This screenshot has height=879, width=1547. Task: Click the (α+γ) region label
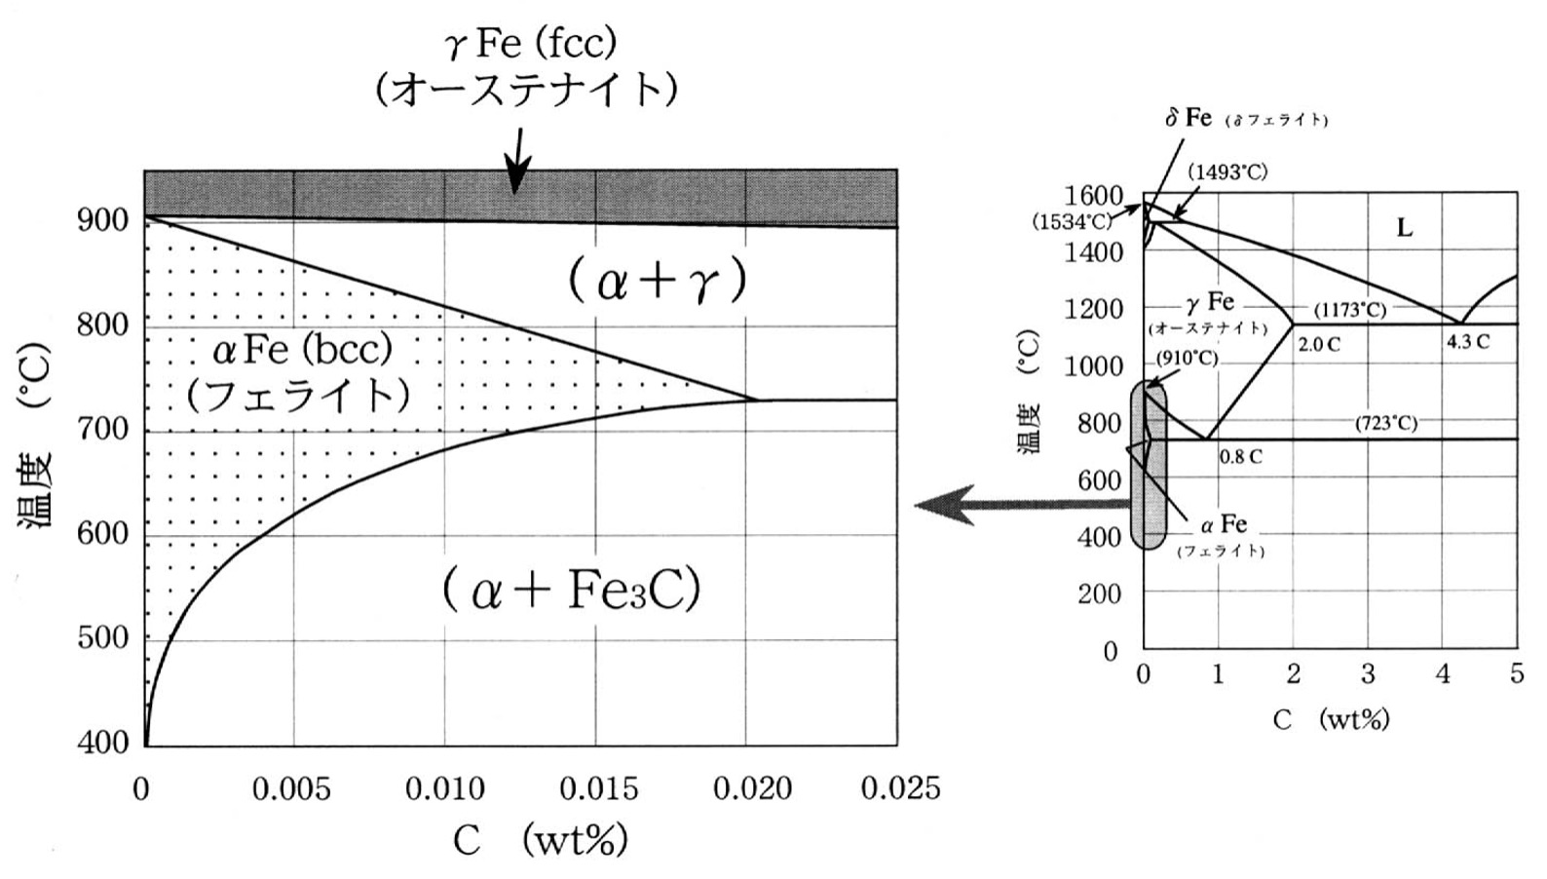pos(658,282)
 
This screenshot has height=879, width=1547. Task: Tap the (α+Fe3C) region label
pos(572,590)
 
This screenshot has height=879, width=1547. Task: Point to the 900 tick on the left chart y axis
pos(102,220)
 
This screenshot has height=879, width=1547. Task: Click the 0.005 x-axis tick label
pos(291,787)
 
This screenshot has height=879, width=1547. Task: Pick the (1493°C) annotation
pos(1227,172)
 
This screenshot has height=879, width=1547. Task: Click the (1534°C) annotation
pos(1072,221)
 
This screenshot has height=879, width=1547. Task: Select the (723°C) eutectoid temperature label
pos(1385,423)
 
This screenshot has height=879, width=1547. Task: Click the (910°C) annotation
pos(1187,358)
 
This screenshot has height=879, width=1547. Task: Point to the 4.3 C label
pos(1467,342)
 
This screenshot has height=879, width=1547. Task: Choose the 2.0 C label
pos(1318,344)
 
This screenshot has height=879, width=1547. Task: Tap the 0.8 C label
pos(1240,456)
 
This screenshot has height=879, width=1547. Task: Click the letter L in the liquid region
pos(1404,228)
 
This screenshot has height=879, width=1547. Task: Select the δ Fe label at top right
pos(1189,118)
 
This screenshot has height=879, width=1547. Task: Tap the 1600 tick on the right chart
pos(1094,196)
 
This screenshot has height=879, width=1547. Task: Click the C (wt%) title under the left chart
pos(539,839)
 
